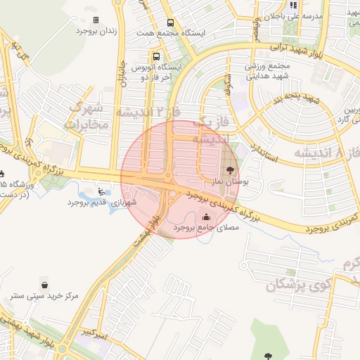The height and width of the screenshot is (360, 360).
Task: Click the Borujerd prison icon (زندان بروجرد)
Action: [x=96, y=20]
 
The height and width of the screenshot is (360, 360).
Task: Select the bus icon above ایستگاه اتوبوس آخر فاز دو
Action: [x=155, y=55]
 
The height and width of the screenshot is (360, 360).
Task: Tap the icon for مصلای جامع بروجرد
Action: [x=205, y=217]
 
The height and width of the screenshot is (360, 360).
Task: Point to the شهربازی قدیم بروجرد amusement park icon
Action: [x=101, y=190]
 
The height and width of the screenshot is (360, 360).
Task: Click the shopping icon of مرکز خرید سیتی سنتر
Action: [x=46, y=285]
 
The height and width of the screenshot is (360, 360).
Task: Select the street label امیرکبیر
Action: [x=92, y=332]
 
